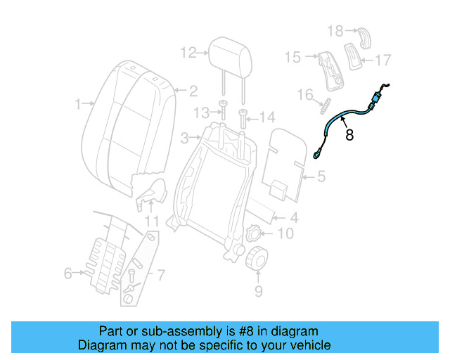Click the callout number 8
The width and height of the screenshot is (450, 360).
click(x=349, y=134)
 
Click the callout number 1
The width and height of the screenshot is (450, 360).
click(x=79, y=105)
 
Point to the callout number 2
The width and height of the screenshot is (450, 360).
click(x=192, y=90)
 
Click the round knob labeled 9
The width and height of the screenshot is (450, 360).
click(x=257, y=259)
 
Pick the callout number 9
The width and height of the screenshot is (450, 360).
click(x=257, y=289)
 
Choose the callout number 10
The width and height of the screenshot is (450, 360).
click(x=285, y=233)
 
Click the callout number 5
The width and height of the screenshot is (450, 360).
click(x=321, y=177)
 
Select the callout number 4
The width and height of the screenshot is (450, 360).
click(x=294, y=218)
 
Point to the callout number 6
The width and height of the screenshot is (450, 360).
click(x=68, y=274)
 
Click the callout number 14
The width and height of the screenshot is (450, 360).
click(x=267, y=116)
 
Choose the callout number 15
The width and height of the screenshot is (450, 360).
click(x=292, y=57)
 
